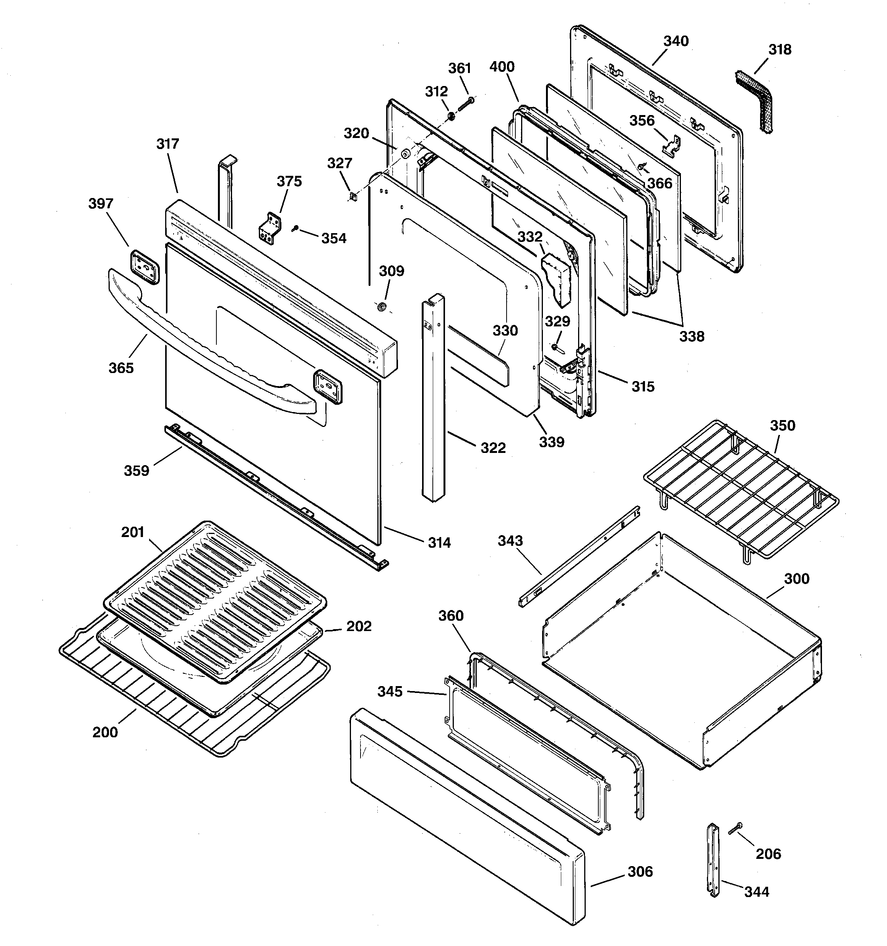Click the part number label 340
click(676, 41)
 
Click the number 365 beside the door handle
click(121, 368)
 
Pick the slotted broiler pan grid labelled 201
click(214, 602)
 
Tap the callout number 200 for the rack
click(105, 732)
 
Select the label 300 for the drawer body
click(796, 579)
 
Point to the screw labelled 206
click(735, 828)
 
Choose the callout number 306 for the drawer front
click(640, 871)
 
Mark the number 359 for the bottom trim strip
click(136, 471)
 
